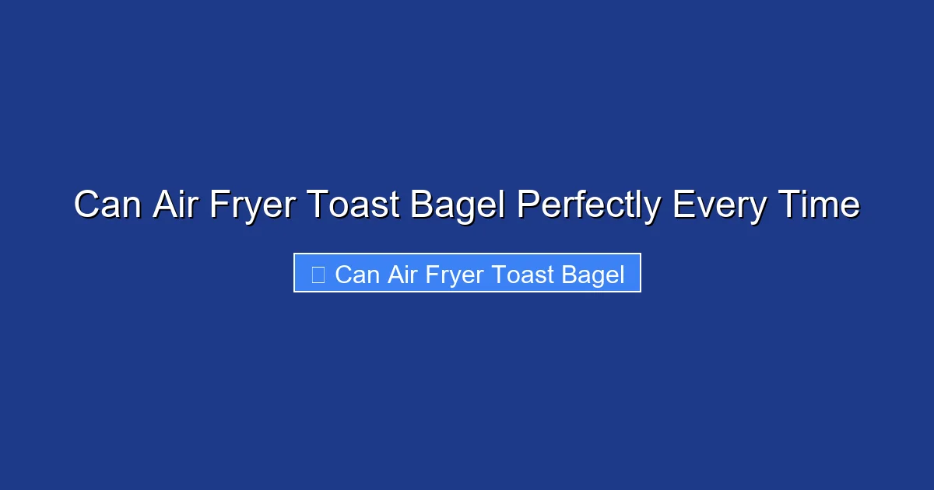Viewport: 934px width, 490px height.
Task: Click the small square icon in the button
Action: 318,274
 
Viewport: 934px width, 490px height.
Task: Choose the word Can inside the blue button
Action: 357,275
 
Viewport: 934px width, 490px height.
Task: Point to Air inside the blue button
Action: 401,275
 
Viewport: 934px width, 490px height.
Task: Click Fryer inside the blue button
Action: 451,275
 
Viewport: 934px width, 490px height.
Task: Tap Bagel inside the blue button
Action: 592,275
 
